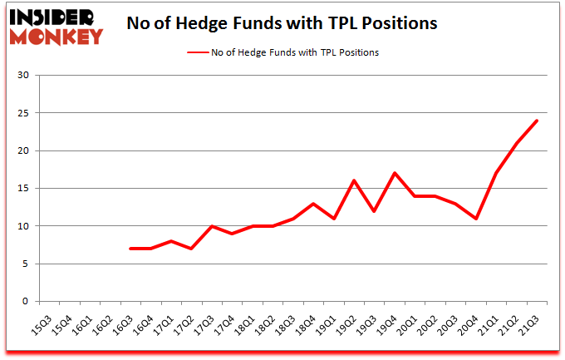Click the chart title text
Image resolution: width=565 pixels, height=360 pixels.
tap(282, 23)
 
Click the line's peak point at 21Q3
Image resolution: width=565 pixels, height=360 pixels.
tap(537, 121)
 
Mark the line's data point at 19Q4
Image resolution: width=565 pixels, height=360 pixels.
tap(395, 173)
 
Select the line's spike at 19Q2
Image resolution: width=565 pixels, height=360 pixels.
tap(354, 180)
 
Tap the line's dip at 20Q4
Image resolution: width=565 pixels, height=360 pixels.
tap(476, 219)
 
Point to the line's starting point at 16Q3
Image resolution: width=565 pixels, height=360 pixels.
tap(130, 249)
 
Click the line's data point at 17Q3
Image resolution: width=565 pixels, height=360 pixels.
tap(212, 226)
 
